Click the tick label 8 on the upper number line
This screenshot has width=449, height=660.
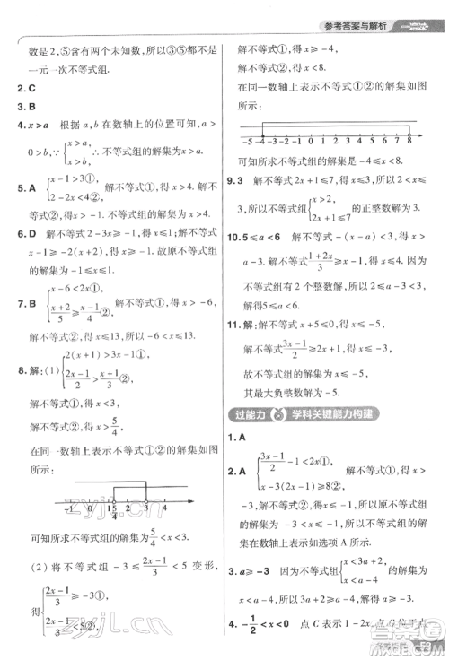click(409, 143)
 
